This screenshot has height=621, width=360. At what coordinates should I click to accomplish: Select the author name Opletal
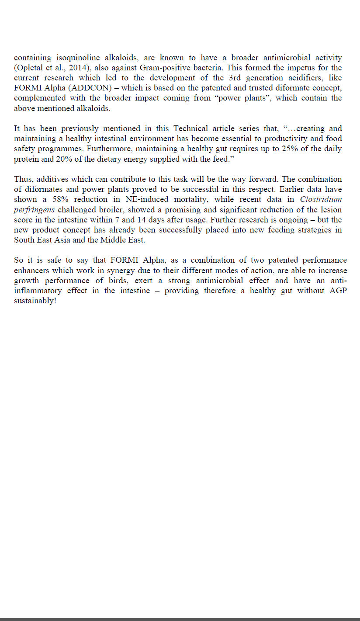click(30, 68)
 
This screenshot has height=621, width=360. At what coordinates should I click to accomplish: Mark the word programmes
click(55, 149)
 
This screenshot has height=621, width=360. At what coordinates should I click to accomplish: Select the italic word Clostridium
click(321, 200)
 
